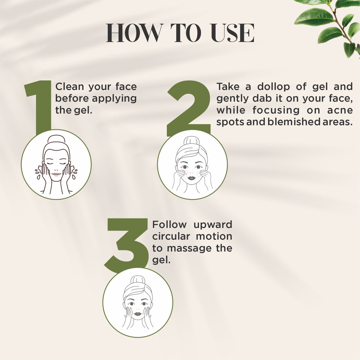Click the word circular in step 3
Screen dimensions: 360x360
[171, 236]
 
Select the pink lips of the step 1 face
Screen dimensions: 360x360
[56, 174]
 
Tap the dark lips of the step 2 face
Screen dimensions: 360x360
[192, 178]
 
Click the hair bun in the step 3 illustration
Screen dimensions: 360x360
[138, 281]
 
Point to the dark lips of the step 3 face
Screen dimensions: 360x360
[138, 313]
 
